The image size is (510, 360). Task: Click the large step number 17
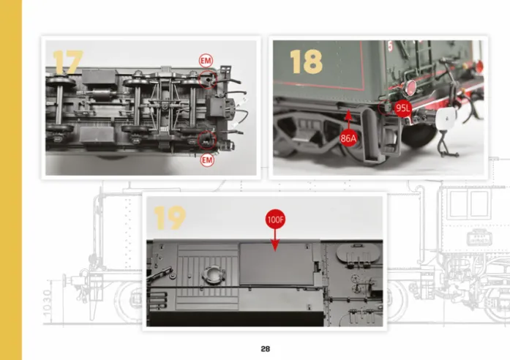point(68,62)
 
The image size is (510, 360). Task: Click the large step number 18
point(306,61)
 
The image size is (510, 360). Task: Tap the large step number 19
point(170,218)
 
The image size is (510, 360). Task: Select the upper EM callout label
point(206,61)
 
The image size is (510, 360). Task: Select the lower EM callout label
point(207,160)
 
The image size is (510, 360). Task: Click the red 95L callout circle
point(402,108)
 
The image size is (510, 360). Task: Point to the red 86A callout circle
point(348,138)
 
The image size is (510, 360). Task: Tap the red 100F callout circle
point(275,220)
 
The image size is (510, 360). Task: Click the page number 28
point(266,349)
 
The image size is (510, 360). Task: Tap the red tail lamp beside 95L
point(410,88)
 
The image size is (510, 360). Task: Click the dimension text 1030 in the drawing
point(47,302)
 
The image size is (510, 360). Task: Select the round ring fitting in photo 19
point(214,275)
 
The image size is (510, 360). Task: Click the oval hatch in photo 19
point(359,252)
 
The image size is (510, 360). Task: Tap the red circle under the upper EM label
point(208,79)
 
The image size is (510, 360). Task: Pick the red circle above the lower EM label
point(207,140)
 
